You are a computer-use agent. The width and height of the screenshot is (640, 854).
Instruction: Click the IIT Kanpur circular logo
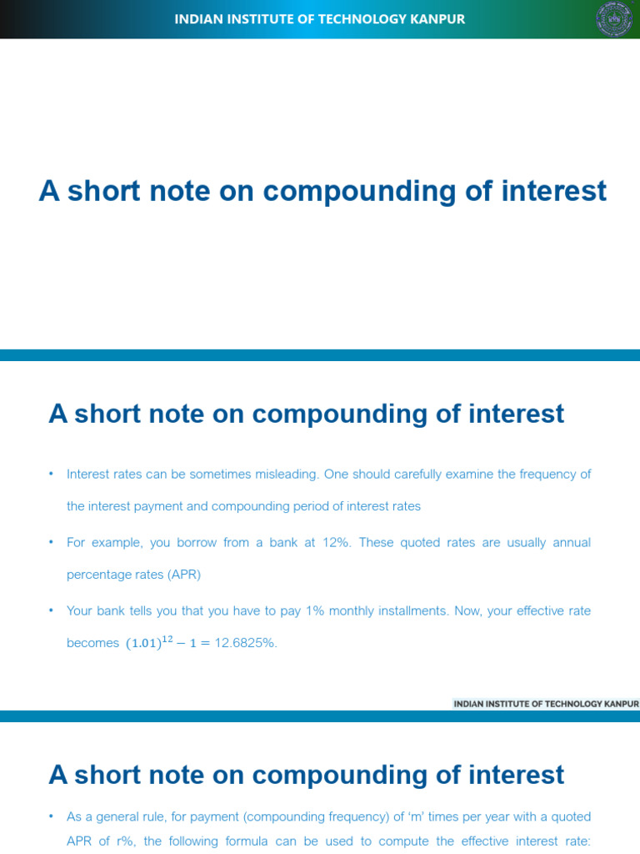(x=614, y=19)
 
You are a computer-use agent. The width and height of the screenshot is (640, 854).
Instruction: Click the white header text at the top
(x=319, y=19)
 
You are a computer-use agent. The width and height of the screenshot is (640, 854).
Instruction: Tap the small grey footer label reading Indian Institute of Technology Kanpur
(x=546, y=704)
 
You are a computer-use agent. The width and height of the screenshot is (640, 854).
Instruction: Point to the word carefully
(x=397, y=474)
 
